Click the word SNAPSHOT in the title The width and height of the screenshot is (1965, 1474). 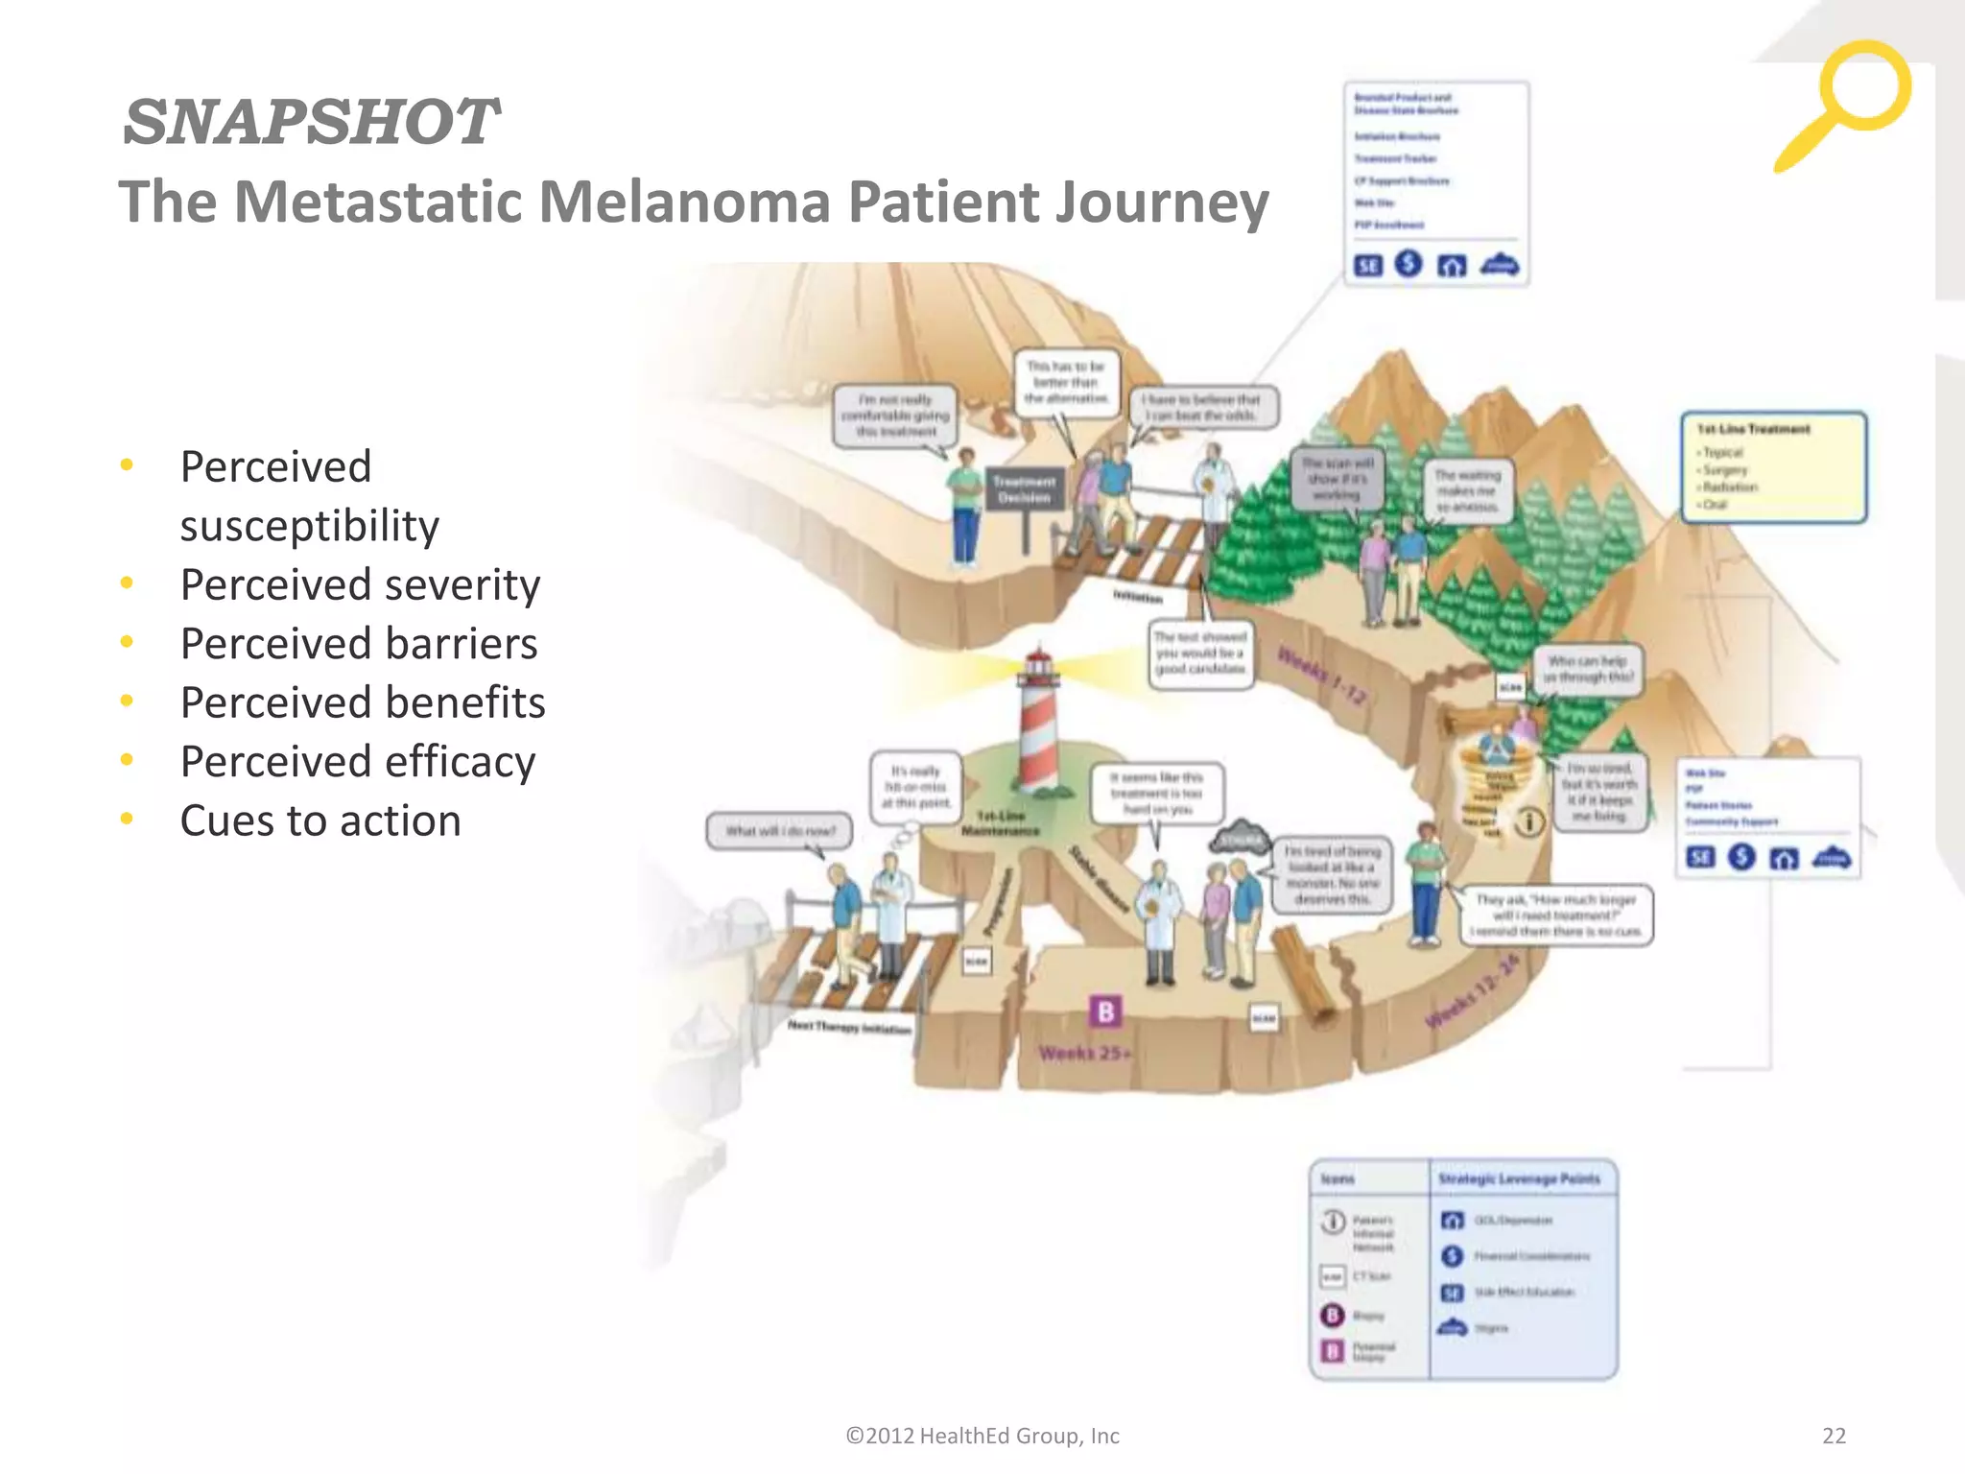(x=310, y=122)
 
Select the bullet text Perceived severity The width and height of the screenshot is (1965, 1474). (x=360, y=584)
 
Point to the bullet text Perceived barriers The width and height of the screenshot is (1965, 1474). (x=359, y=644)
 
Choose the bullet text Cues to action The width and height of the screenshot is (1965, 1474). (x=320, y=820)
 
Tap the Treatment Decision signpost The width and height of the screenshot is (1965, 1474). (x=1024, y=490)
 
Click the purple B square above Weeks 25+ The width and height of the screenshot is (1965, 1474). (x=1105, y=1010)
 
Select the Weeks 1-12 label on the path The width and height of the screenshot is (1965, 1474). (x=1321, y=675)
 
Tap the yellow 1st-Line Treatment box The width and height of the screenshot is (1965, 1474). (x=1773, y=467)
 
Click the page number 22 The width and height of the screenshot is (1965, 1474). (x=1834, y=1436)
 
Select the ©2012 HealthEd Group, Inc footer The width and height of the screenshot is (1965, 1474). (x=982, y=1436)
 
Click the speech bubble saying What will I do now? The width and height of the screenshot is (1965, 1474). (x=780, y=831)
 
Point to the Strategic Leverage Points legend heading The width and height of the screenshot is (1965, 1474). (x=1519, y=1178)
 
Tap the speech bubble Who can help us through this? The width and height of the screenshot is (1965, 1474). (x=1588, y=669)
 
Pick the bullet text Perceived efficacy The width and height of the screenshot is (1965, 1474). (x=358, y=762)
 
